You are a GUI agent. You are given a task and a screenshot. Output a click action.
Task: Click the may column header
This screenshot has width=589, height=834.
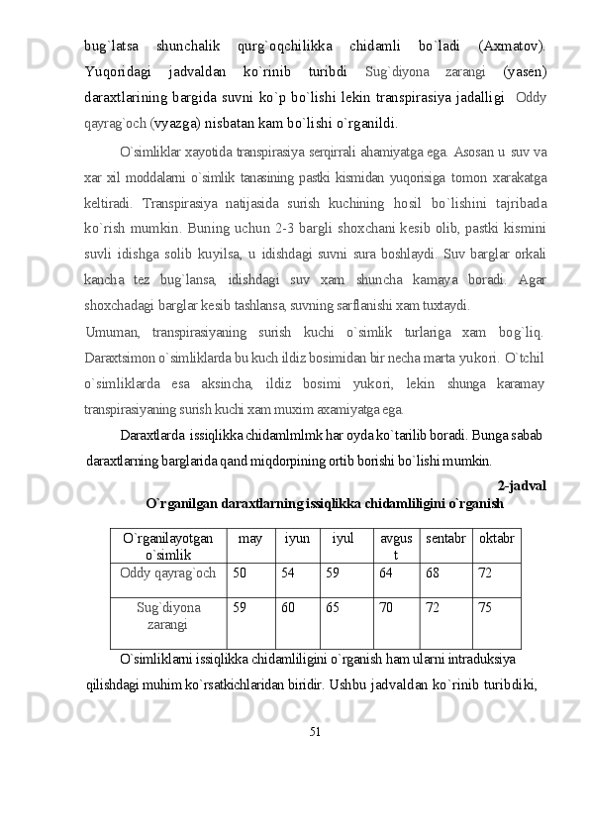click(250, 537)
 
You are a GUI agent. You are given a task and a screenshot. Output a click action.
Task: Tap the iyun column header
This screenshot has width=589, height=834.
click(297, 537)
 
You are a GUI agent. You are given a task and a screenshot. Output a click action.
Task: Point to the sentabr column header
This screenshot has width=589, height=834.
click(445, 538)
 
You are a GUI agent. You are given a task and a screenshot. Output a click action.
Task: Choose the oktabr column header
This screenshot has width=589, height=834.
click(496, 538)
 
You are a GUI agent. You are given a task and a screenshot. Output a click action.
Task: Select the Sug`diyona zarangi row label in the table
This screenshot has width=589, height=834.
click(168, 614)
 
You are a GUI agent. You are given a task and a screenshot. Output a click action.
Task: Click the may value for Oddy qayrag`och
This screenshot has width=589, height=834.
click(239, 573)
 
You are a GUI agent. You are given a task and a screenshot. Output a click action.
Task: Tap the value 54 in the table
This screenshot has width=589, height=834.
click(288, 573)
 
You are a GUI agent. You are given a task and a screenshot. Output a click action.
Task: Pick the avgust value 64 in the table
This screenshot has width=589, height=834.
click(385, 573)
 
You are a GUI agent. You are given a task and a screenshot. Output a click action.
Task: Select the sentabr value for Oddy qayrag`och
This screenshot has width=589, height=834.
click(433, 573)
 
